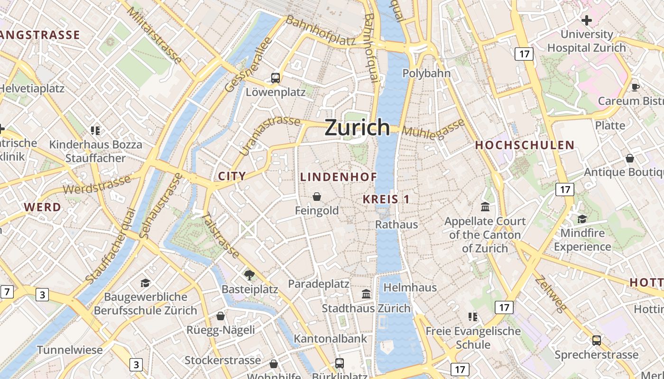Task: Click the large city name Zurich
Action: [x=357, y=127]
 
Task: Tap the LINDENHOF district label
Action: [x=339, y=177]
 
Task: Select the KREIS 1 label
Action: [x=386, y=199]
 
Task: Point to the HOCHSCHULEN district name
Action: [x=525, y=145]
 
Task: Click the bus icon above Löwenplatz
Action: [x=275, y=78]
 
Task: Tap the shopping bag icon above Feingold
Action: [x=316, y=196]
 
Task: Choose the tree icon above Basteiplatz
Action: [x=249, y=275]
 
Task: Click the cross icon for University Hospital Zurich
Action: [x=587, y=20]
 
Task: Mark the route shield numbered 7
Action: [x=7, y=292]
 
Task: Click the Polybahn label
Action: [x=426, y=73]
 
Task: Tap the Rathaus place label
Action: [x=397, y=225]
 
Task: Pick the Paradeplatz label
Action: [x=319, y=284]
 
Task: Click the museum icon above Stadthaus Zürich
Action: [x=366, y=294]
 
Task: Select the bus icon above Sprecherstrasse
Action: [x=596, y=340]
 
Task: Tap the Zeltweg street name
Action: [x=550, y=294]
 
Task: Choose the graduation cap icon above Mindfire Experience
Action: [x=582, y=219]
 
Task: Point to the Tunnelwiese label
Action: [x=70, y=350]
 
